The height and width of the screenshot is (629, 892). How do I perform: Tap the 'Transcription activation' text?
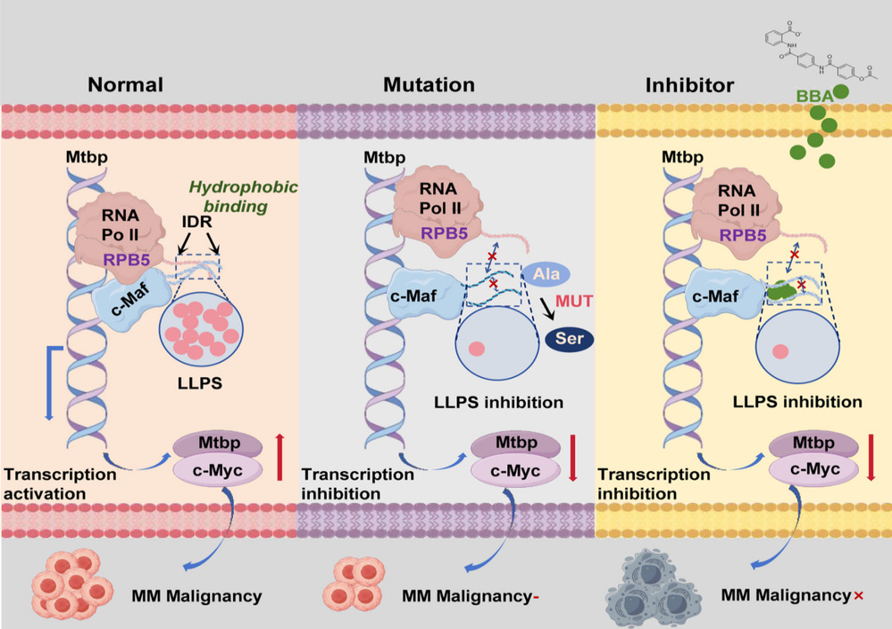click(x=60, y=482)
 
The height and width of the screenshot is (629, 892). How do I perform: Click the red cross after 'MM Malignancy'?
click(x=859, y=594)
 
